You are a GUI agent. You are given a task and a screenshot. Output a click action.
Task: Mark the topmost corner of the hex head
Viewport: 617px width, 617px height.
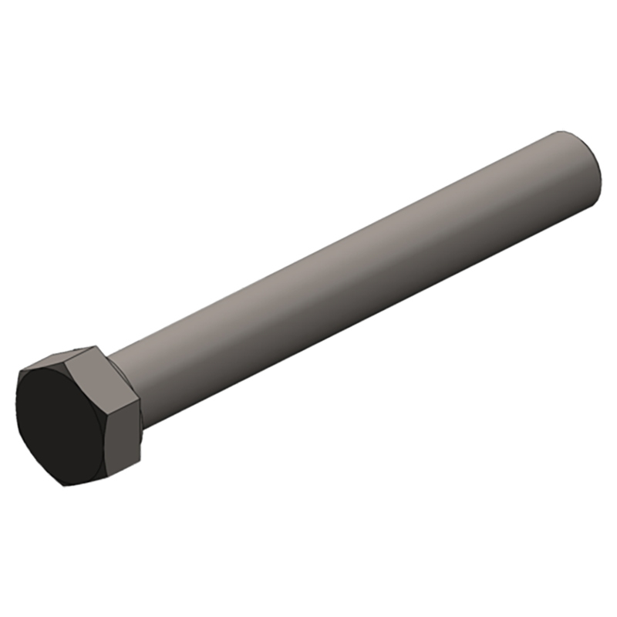(97, 346)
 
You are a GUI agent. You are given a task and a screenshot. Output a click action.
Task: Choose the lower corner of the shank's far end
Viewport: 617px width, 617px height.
(602, 207)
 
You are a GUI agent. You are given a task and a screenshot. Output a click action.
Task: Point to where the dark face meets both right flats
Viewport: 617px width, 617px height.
(103, 416)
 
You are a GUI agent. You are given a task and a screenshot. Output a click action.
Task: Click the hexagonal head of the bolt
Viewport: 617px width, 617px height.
(77, 416)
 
